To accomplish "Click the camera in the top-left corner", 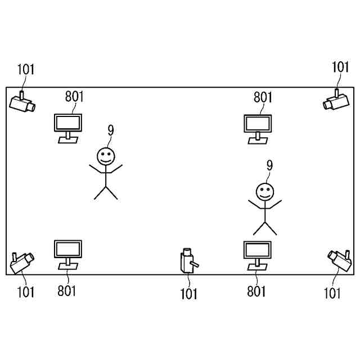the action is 22,103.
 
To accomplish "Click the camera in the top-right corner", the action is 336,102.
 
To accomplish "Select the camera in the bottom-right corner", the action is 339,259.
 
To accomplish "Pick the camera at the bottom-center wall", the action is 188,260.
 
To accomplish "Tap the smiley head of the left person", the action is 105,155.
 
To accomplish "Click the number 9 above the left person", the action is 110,130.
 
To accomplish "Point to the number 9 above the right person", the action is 269,165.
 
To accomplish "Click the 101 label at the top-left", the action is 25,70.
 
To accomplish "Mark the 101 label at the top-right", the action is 340,67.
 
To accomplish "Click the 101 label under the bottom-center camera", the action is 189,294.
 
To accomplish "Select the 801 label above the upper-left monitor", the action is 74,96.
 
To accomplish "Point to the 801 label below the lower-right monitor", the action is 256,291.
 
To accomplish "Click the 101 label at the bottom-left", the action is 25,292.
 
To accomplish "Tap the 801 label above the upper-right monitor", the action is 263,97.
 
